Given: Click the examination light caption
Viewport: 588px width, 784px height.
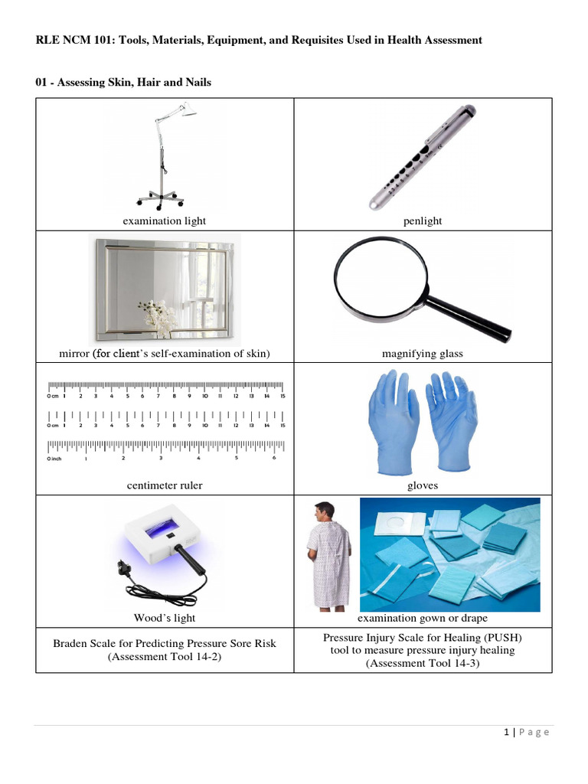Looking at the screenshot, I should coord(165,221).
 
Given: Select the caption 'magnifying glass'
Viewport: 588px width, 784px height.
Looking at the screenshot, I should coord(423,354).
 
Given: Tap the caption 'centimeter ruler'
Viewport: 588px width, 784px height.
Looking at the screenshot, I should coord(165,485).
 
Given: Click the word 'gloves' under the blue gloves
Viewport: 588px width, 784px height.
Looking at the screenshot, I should coord(423,485).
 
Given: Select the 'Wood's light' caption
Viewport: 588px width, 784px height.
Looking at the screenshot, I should coord(165,618).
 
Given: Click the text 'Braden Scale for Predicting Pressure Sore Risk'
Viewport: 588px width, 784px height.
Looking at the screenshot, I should coord(165,643).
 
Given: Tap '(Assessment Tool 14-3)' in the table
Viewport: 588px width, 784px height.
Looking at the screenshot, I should coord(423,663).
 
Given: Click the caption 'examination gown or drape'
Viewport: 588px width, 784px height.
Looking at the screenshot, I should coord(423,618).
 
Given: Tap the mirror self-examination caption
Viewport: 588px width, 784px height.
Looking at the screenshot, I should coord(165,354).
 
